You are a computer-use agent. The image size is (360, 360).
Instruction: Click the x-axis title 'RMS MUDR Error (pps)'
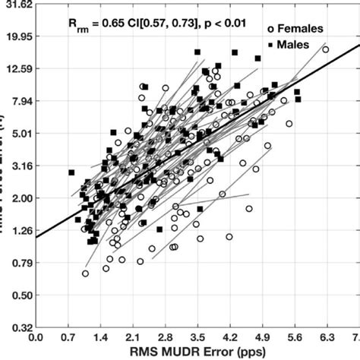tap(196, 352)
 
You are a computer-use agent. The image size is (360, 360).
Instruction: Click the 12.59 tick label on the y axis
tap(15, 68)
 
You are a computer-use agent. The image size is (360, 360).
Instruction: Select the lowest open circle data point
tap(85, 273)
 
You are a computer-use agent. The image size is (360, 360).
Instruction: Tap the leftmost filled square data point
tap(71, 172)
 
